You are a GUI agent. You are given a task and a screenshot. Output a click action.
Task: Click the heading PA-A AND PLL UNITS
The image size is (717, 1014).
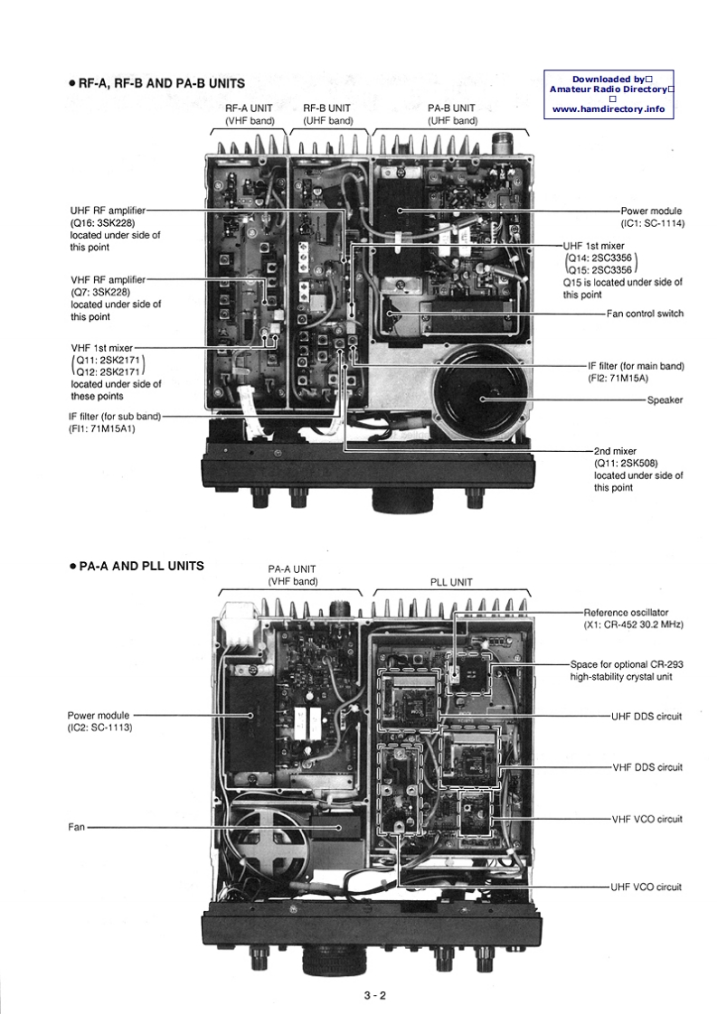click(x=141, y=567)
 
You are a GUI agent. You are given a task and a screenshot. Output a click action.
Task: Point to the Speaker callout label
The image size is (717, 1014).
click(x=665, y=399)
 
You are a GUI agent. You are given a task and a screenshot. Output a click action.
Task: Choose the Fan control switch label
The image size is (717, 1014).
click(x=645, y=314)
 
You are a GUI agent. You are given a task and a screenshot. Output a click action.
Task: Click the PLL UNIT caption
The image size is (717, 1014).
click(x=451, y=583)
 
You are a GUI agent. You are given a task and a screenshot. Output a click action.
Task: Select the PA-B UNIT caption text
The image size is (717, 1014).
click(x=452, y=108)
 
